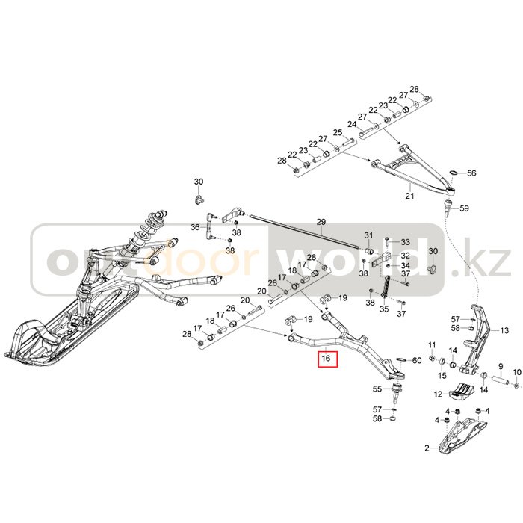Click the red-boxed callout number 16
click(x=326, y=359)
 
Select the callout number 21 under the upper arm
click(x=409, y=196)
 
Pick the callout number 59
click(x=464, y=208)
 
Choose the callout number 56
click(x=471, y=173)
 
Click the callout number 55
click(x=377, y=389)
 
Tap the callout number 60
click(x=417, y=361)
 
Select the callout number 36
click(x=195, y=227)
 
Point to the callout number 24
click(x=351, y=124)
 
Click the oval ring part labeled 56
click(x=453, y=174)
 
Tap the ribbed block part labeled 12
click(x=460, y=390)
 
